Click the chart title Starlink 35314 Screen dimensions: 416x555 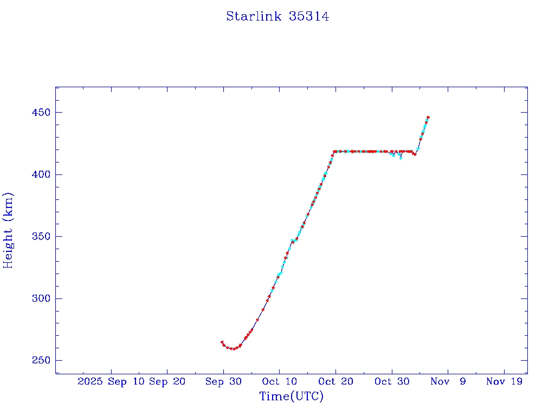(x=277, y=16)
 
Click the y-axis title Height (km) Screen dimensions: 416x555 (x=8, y=230)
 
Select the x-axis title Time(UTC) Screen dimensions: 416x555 (x=291, y=396)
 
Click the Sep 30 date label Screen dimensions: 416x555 (x=223, y=381)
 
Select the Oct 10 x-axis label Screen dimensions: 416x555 (x=279, y=381)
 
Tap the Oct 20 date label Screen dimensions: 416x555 (x=335, y=381)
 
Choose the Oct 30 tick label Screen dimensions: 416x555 (x=392, y=381)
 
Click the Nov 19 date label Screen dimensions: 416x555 (x=504, y=381)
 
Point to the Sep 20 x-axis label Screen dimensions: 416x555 (x=167, y=381)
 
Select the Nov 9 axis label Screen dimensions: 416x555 (x=448, y=381)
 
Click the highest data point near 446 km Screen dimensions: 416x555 (x=428, y=117)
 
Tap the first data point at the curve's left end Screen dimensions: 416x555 (x=222, y=342)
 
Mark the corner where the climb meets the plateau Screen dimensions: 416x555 (x=334, y=152)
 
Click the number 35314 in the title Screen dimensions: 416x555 (x=309, y=16)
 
